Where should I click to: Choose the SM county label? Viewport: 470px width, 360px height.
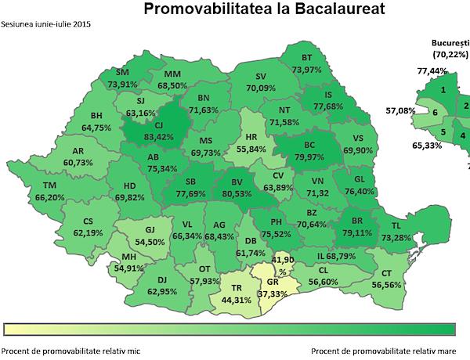121,72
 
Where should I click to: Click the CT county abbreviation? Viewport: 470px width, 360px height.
385,273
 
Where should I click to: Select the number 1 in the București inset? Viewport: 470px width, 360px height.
443,90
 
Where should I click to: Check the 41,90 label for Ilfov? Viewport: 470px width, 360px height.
280,259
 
